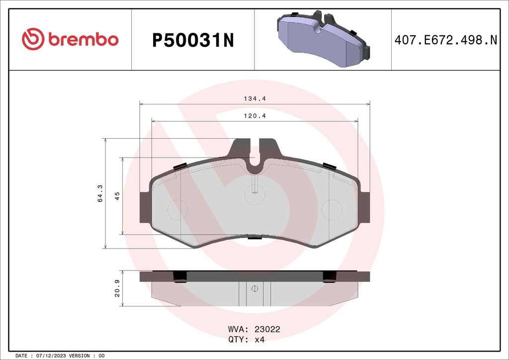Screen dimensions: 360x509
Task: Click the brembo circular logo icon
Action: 33,39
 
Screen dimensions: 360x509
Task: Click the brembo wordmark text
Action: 83,40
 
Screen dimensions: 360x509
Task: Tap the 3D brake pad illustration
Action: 323,40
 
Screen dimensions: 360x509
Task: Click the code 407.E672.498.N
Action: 445,40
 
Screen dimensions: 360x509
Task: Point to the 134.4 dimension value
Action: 254,99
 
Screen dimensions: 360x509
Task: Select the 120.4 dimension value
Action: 254,116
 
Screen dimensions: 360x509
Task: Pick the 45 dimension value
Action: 117,195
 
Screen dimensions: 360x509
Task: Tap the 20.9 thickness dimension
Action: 117,288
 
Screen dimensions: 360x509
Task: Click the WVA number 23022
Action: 268,329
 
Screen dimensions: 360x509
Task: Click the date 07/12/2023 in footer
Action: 51,356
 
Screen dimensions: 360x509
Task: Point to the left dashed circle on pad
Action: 176,210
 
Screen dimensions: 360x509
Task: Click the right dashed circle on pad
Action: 332,210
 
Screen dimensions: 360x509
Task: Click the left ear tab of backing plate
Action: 145,206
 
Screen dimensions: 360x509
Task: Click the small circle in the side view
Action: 254,288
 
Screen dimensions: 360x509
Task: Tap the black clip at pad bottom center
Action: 254,237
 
